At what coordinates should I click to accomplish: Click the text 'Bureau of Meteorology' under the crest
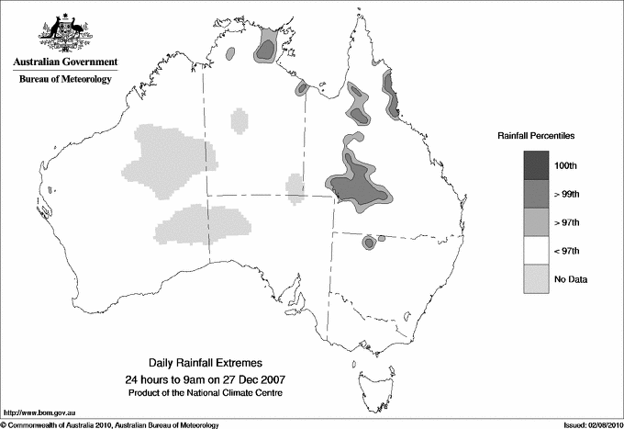point(65,80)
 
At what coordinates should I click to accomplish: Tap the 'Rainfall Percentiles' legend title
point(536,136)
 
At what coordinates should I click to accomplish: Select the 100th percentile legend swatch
point(537,165)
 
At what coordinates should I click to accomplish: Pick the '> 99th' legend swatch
point(537,194)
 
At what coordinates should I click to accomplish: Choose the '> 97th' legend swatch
point(537,222)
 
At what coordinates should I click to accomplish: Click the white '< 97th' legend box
point(537,251)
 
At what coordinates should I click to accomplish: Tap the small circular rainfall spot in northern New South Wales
point(369,243)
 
